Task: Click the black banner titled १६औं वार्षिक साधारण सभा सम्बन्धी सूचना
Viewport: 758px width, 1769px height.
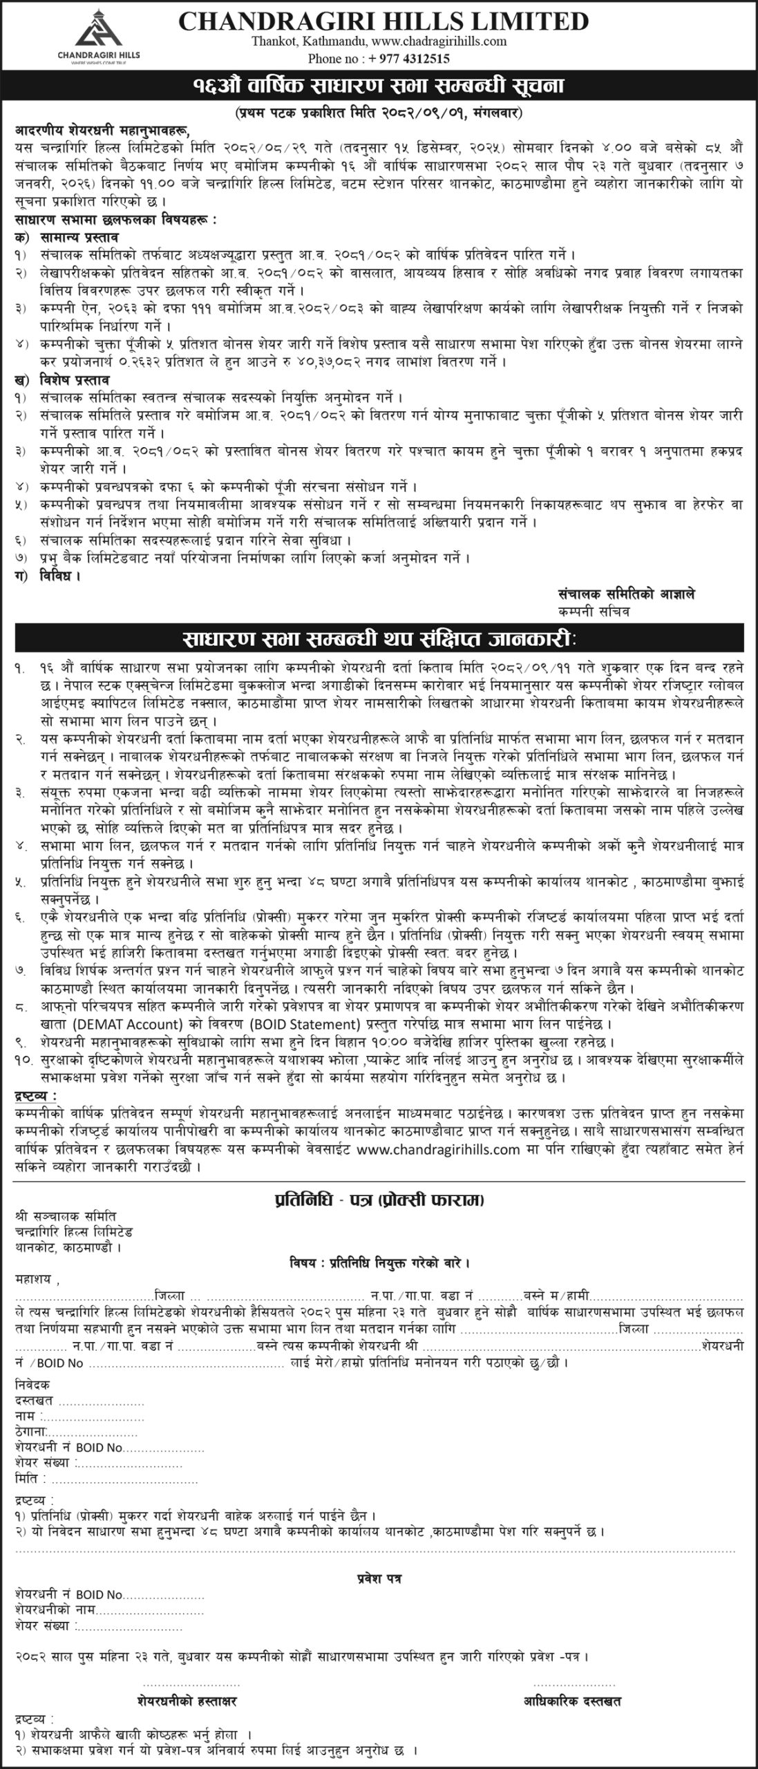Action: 379,87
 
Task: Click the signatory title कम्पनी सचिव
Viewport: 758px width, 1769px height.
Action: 594,612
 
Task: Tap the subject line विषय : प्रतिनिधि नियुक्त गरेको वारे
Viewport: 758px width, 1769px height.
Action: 379,1262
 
